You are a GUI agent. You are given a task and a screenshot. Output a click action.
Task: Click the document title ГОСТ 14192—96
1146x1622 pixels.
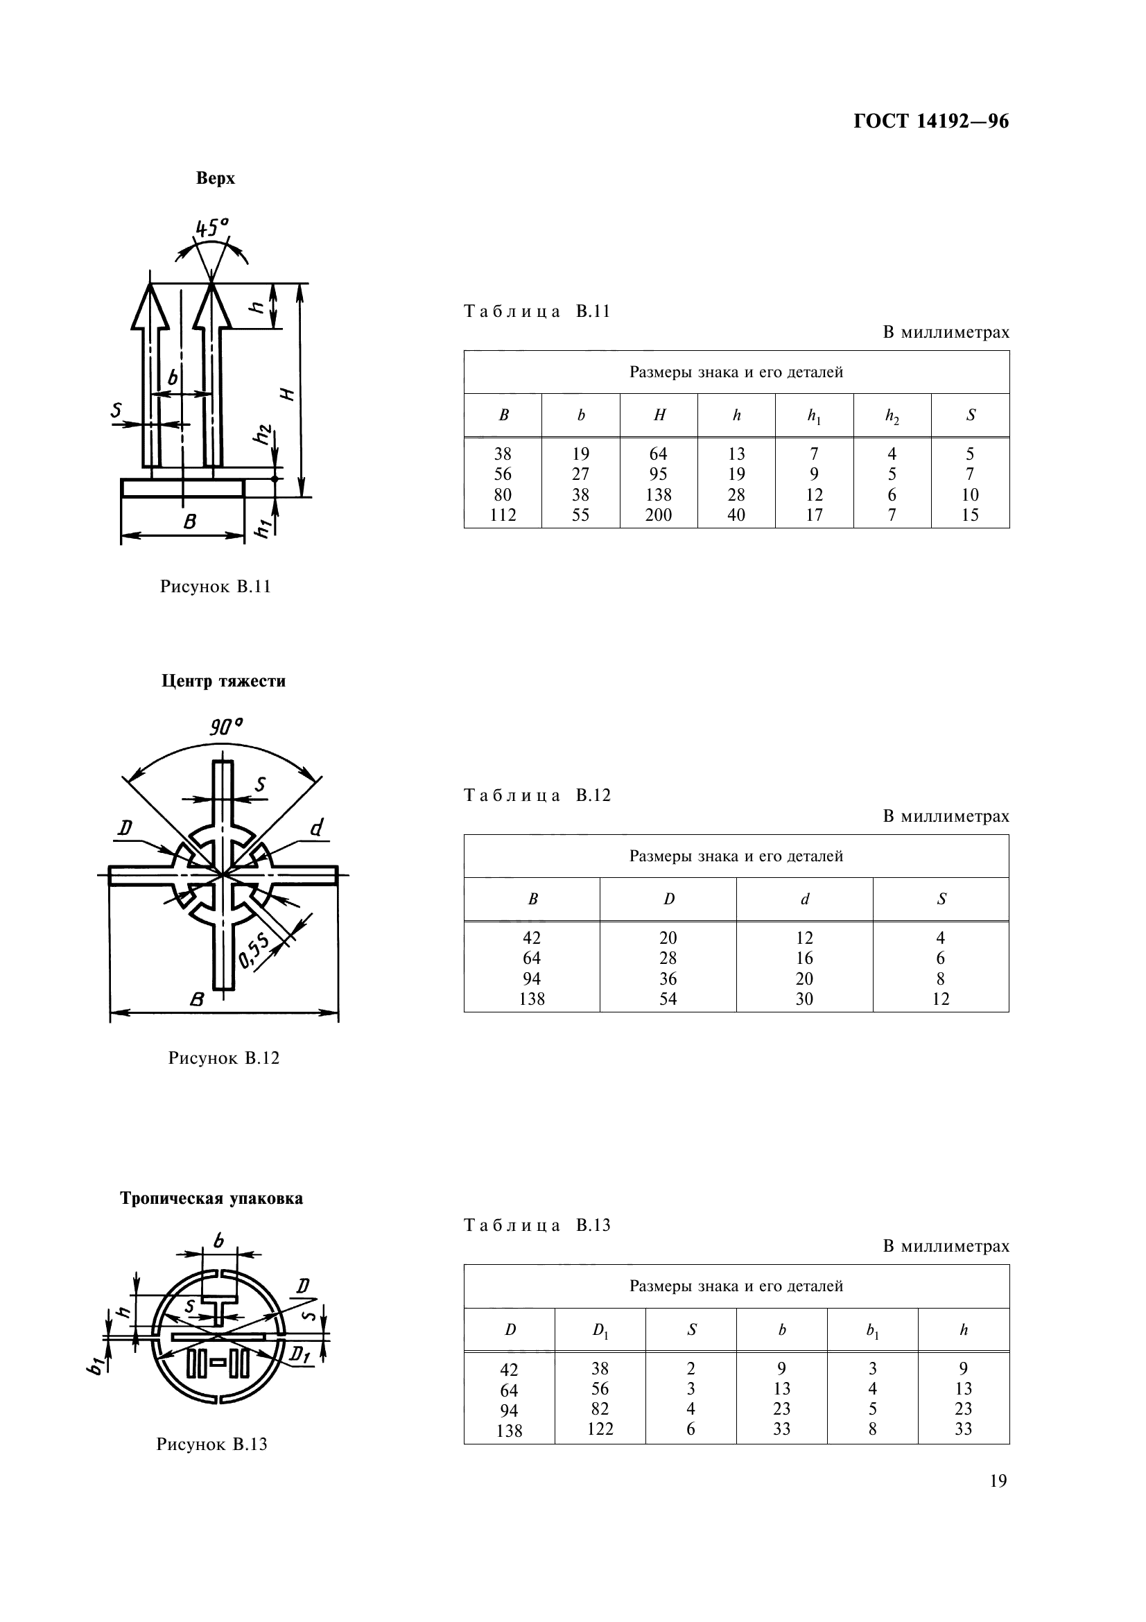[930, 121]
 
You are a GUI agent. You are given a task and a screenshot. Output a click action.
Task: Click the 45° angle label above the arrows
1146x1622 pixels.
[212, 227]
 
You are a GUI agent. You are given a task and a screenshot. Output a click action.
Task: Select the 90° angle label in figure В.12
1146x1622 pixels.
[226, 726]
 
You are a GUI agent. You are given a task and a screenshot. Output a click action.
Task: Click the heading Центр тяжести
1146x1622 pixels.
[223, 681]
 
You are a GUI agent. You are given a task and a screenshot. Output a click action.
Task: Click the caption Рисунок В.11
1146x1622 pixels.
[216, 587]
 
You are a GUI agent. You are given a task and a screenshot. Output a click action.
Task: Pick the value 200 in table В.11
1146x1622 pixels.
[658, 515]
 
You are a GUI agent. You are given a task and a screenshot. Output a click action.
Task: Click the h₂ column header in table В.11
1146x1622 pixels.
[892, 416]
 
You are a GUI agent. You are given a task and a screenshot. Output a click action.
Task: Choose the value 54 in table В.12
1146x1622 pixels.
[667, 999]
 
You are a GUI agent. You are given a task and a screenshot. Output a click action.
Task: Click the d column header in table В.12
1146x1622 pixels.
[804, 899]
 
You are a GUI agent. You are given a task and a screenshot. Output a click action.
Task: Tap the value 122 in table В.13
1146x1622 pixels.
[600, 1429]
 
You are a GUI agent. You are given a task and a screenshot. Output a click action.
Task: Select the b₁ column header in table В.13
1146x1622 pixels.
[872, 1330]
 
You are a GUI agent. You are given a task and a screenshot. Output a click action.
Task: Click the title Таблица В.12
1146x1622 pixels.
[537, 795]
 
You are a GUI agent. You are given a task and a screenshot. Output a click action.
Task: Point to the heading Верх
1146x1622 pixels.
[216, 178]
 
